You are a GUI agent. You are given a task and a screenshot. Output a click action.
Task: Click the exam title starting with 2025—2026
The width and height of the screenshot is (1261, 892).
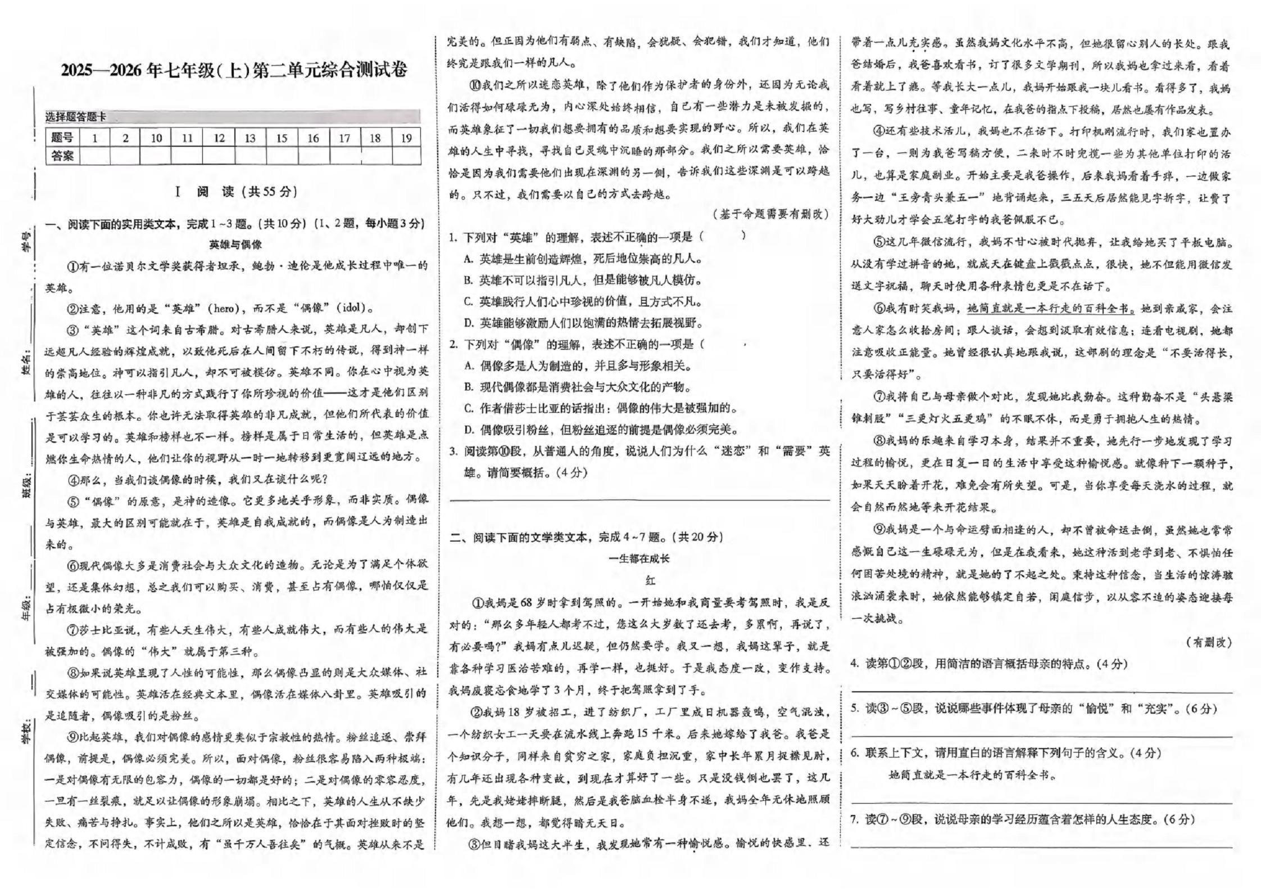click(234, 71)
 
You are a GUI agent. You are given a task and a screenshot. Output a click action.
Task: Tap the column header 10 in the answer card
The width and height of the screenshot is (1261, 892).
click(156, 138)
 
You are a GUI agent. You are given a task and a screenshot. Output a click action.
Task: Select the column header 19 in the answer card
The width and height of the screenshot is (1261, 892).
click(406, 138)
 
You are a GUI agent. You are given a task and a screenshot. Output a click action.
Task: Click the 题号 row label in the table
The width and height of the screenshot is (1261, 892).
click(62, 138)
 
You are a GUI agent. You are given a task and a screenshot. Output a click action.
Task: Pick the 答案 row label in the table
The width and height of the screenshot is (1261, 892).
click(62, 156)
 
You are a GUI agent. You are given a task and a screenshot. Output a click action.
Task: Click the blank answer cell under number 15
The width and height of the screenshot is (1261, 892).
click(282, 156)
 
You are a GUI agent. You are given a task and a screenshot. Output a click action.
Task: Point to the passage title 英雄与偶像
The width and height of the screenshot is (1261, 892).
click(235, 245)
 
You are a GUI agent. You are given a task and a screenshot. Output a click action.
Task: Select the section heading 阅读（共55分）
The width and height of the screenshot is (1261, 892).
click(236, 192)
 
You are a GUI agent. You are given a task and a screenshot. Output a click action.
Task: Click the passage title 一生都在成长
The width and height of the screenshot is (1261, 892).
click(639, 558)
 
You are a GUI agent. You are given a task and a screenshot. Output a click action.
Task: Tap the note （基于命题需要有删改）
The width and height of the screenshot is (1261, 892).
click(770, 214)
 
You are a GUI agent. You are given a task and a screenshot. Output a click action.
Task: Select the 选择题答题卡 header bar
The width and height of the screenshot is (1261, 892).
click(233, 117)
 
